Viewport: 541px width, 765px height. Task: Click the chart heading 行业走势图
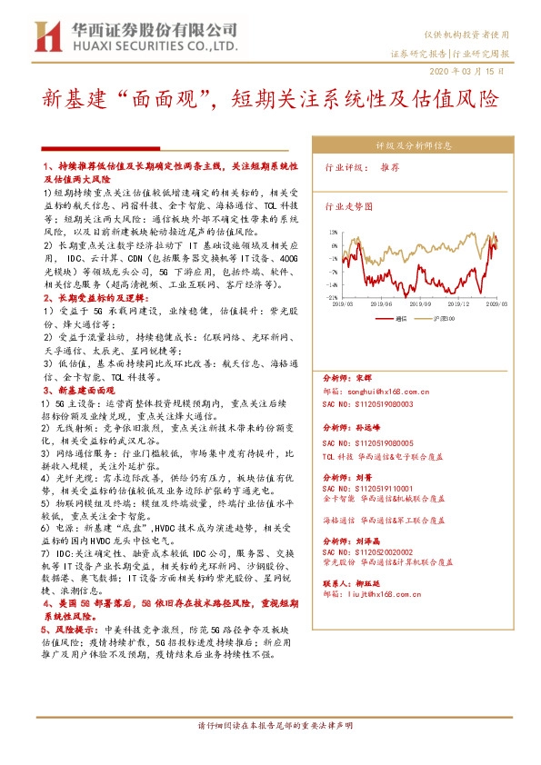349,207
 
